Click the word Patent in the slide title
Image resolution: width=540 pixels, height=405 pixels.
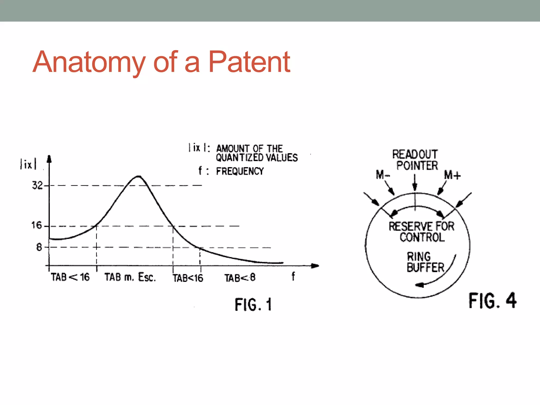249,62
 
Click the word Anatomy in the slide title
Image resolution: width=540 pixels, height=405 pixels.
89,62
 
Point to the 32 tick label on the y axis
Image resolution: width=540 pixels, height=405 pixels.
37,185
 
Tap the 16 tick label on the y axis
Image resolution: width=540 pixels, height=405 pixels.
37,225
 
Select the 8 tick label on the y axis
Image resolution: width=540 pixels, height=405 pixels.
39,247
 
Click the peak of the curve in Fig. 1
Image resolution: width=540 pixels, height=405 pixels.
138,176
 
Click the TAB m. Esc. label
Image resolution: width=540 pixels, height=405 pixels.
130,277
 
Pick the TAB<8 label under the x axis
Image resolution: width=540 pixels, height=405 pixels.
240,278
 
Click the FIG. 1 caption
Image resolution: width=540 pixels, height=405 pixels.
253,305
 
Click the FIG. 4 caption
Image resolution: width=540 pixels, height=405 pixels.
492,301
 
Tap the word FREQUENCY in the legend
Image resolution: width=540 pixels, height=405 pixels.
240,171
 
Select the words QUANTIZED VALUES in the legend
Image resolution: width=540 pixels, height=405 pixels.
257,158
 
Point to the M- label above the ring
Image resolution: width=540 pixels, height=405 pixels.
383,175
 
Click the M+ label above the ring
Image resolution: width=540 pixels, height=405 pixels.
452,175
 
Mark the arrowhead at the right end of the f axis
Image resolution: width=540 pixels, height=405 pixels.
315,266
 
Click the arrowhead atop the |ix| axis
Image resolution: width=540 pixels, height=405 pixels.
49,159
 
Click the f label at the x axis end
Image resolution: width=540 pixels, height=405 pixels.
293,276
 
